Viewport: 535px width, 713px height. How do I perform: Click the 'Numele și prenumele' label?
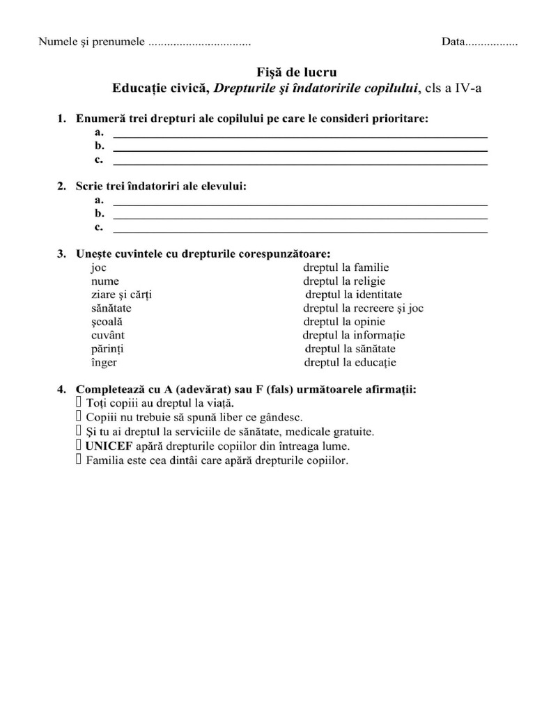pos(91,42)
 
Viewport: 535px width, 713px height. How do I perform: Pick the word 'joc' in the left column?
pos(99,267)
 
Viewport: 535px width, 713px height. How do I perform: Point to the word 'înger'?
pos(104,362)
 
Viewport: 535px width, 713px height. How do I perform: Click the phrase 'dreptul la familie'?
pos(346,267)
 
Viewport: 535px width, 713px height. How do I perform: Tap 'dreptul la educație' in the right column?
pos(350,362)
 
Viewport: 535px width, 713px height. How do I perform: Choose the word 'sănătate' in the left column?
pos(111,308)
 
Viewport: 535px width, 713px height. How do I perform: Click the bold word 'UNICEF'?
pos(109,446)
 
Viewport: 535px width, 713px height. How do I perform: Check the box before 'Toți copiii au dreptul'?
pos(79,403)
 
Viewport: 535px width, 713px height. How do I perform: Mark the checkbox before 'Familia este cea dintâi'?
pos(79,460)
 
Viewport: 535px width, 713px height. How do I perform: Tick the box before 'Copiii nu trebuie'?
pos(79,417)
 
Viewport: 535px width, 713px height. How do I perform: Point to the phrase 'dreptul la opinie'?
pos(344,322)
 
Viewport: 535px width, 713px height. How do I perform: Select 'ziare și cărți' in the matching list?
pos(121,295)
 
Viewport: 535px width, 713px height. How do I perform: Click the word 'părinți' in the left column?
pos(108,348)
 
